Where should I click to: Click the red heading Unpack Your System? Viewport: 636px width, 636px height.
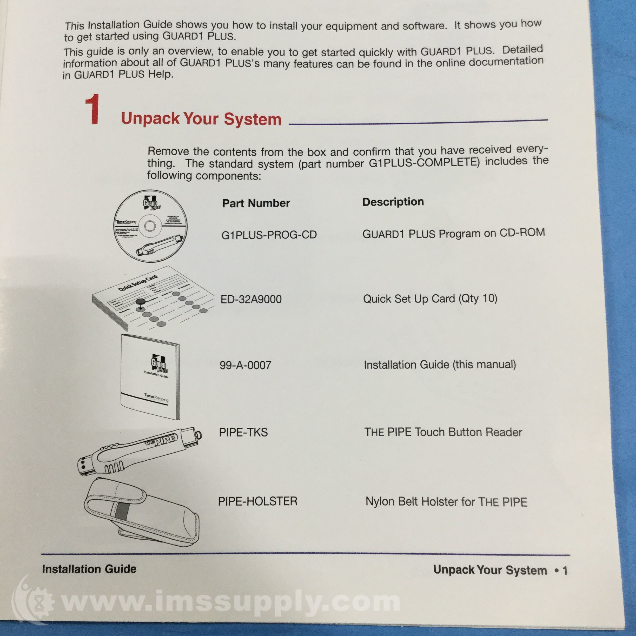point(201,118)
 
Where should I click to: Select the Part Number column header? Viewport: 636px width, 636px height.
point(256,203)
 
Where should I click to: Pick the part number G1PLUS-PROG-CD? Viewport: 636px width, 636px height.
point(269,235)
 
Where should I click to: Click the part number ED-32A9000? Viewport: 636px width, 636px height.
point(251,299)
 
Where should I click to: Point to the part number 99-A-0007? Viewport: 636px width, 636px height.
point(245,365)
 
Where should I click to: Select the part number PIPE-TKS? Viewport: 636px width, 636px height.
point(243,432)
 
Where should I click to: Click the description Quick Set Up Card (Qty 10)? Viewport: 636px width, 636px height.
point(430,299)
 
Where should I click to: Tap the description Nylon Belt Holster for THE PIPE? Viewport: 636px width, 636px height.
point(446,502)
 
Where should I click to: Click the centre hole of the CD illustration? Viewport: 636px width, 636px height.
point(150,226)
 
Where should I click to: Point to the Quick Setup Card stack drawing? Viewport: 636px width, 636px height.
point(151,298)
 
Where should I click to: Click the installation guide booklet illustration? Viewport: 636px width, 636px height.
point(150,377)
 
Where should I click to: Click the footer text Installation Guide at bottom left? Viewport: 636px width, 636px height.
point(89,569)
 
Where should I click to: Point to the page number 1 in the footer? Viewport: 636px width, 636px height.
point(565,571)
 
